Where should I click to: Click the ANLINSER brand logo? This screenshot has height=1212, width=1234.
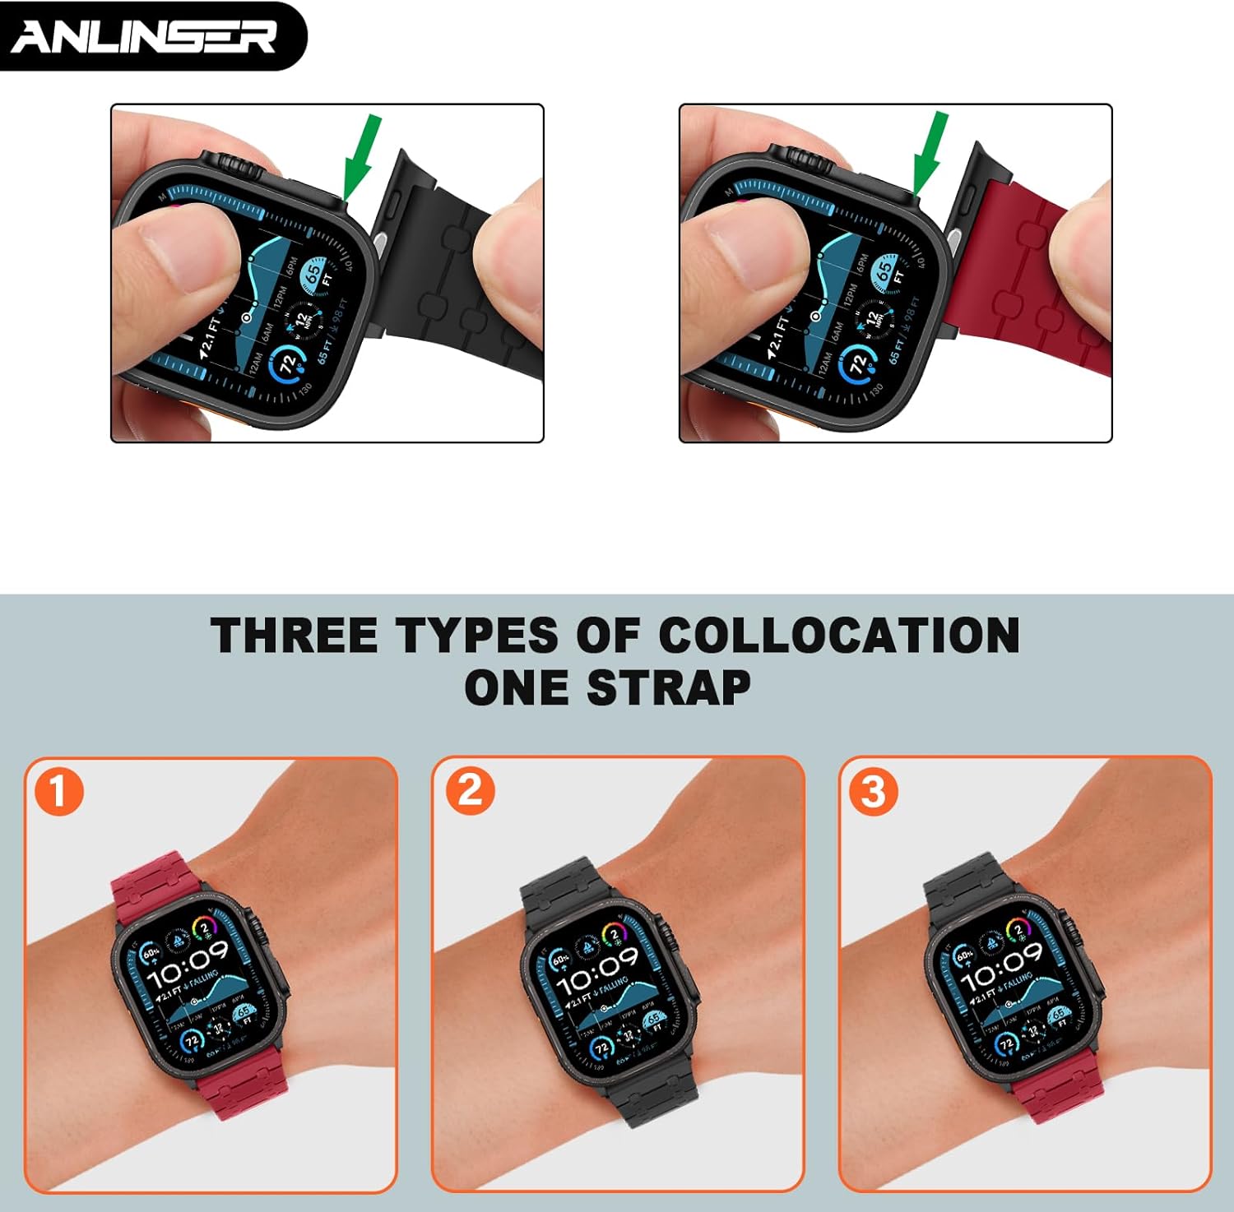144,36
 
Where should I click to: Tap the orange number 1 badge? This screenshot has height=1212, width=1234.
58,791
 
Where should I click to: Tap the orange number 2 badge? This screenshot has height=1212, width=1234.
470,791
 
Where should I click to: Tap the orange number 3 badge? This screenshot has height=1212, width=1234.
873,791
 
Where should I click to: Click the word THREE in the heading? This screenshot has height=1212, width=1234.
293,636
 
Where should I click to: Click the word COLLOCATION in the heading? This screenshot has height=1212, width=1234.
838,636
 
